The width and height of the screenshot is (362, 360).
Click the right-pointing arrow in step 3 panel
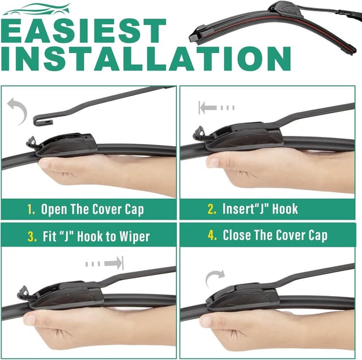point(105,263)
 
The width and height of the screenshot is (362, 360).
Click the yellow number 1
point(31,209)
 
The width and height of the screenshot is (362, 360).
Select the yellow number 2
point(212,209)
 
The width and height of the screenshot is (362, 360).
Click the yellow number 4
point(213,235)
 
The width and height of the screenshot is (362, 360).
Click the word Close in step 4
point(239,235)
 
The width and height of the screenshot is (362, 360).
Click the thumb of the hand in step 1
point(54,165)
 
